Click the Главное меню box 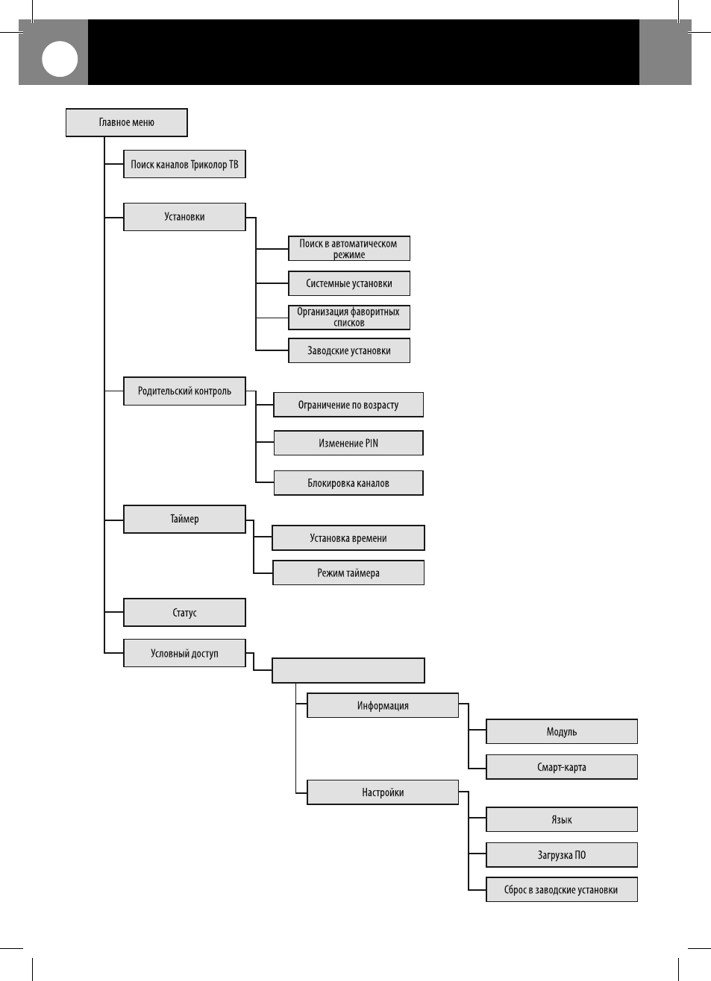pyautogui.click(x=127, y=122)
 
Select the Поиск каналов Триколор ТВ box pyautogui.click(x=184, y=164)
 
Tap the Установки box pyautogui.click(x=184, y=217)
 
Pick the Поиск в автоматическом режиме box pyautogui.click(x=349, y=248)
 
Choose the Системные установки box pyautogui.click(x=349, y=283)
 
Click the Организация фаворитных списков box pyautogui.click(x=349, y=318)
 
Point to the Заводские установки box pyautogui.click(x=349, y=350)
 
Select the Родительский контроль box pyautogui.click(x=184, y=391)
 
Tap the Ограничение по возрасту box pyautogui.click(x=348, y=405)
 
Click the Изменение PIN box pyautogui.click(x=348, y=443)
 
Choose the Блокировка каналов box pyautogui.click(x=348, y=483)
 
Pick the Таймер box pyautogui.click(x=184, y=520)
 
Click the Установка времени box pyautogui.click(x=348, y=537)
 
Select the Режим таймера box pyautogui.click(x=348, y=572)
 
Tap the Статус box pyautogui.click(x=184, y=612)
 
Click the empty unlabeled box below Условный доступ pyautogui.click(x=348, y=670)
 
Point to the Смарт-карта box pyautogui.click(x=562, y=767)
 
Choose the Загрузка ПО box pyautogui.click(x=562, y=855)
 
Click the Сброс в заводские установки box pyautogui.click(x=562, y=889)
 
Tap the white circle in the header pyautogui.click(x=60, y=59)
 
